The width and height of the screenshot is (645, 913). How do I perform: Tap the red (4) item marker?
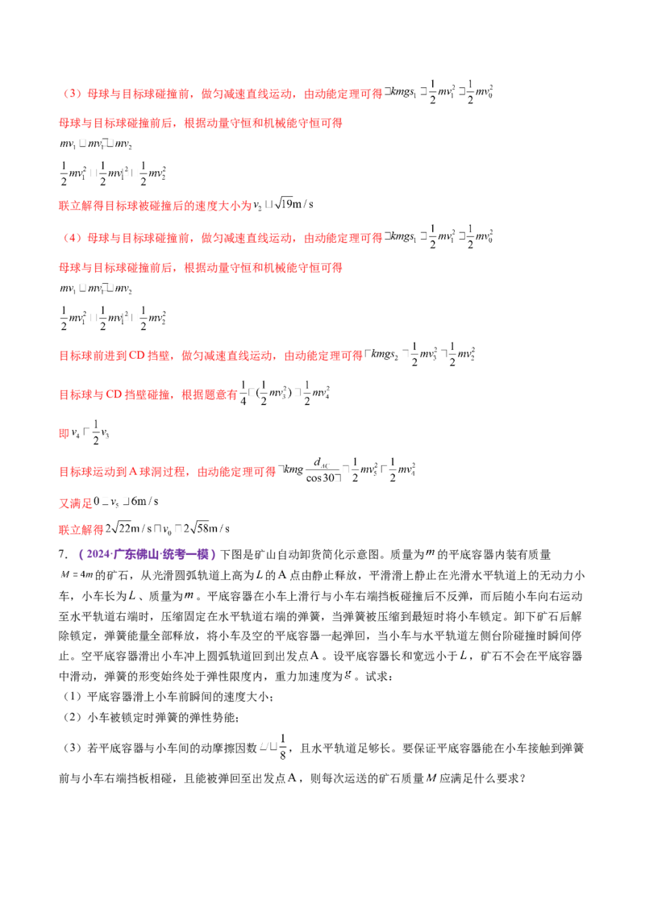click(72, 239)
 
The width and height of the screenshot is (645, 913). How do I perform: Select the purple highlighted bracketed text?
click(148, 554)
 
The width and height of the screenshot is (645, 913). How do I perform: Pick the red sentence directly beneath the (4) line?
click(202, 267)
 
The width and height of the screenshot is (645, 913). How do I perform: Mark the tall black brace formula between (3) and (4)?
click(112, 173)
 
